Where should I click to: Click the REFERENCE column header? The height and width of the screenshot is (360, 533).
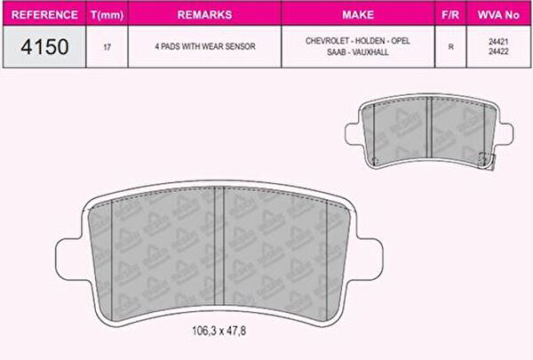pyautogui.click(x=44, y=14)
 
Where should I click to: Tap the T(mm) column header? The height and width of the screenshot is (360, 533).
pyautogui.click(x=107, y=15)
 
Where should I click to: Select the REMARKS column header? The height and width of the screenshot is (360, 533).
pyautogui.click(x=204, y=14)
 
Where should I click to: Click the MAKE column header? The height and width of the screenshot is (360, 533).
pyautogui.click(x=358, y=14)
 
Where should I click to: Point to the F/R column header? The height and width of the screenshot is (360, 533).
pyautogui.click(x=450, y=14)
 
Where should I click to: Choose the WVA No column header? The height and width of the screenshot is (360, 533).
pyautogui.click(x=498, y=14)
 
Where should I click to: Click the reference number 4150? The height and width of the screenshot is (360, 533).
pyautogui.click(x=44, y=46)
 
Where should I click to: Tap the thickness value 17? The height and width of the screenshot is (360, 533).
pyautogui.click(x=107, y=47)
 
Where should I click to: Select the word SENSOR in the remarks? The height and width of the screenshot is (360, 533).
pyautogui.click(x=240, y=46)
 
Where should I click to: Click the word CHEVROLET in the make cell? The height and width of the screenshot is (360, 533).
pyautogui.click(x=328, y=41)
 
